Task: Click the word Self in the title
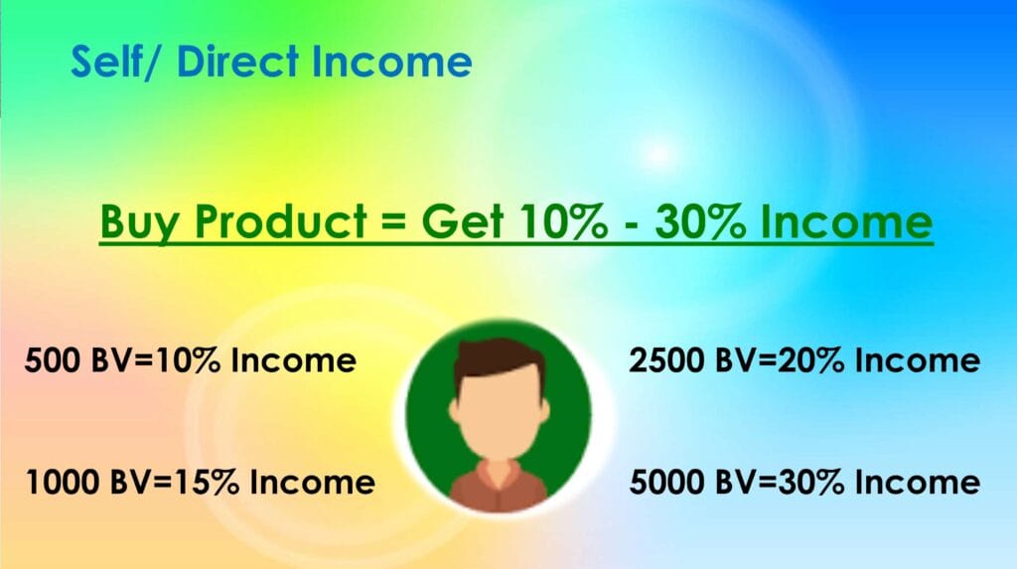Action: point(107,61)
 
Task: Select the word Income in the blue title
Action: point(391,61)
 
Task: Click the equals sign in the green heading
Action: point(393,221)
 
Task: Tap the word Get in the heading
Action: point(462,220)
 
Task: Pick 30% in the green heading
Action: point(700,220)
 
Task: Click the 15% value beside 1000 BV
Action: point(207,482)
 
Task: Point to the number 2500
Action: point(666,360)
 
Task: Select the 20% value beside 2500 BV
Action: point(812,360)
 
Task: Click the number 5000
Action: point(666,482)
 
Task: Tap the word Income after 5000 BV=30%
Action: point(918,482)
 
